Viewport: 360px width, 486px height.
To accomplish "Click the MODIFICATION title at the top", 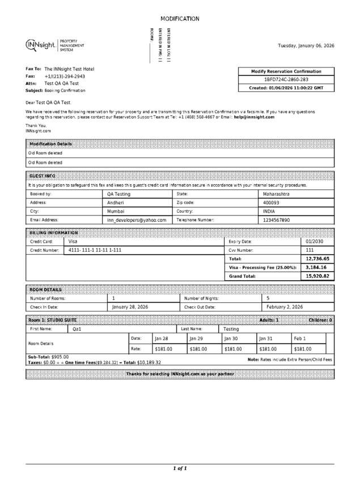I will [x=180, y=19].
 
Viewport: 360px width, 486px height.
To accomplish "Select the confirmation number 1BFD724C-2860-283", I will [x=286, y=80].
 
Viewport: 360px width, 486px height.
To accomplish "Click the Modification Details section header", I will [x=51, y=144].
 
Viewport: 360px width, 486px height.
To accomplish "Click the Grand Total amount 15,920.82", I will [x=317, y=276].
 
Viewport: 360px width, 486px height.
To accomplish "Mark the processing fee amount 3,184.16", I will [x=317, y=267].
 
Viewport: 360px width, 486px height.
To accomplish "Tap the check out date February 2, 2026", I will [x=285, y=306].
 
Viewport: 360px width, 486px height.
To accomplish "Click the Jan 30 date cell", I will [x=231, y=338].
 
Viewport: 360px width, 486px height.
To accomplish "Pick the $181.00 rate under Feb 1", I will [x=302, y=349].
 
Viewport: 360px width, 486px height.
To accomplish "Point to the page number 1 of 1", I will [x=180, y=468].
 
